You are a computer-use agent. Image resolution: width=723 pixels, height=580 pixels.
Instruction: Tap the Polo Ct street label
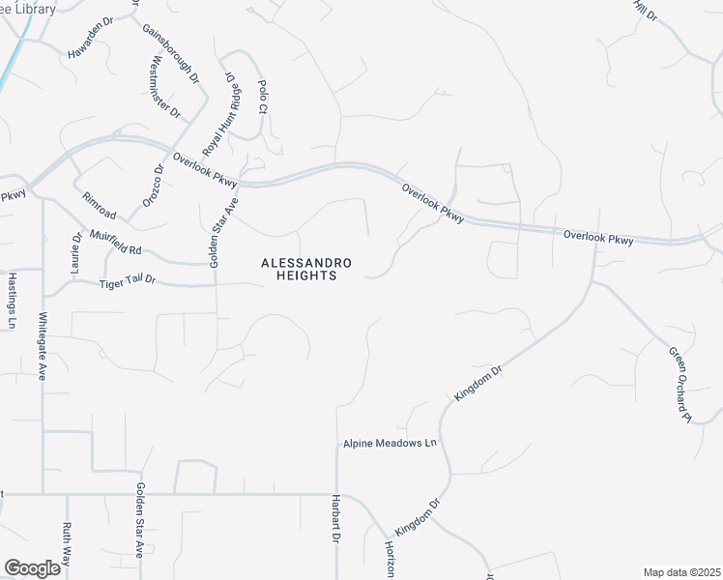pyautogui.click(x=262, y=96)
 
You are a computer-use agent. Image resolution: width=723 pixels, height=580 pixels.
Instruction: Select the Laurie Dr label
pyautogui.click(x=75, y=251)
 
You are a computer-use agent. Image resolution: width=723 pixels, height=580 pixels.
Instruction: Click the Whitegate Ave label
pyautogui.click(x=43, y=345)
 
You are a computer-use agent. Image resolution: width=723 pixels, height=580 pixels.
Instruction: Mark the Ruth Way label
pyautogui.click(x=67, y=544)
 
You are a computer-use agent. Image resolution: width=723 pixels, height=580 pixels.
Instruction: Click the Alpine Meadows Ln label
pyautogui.click(x=390, y=444)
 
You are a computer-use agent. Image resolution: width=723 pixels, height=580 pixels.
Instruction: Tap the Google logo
pyautogui.click(x=33, y=567)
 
